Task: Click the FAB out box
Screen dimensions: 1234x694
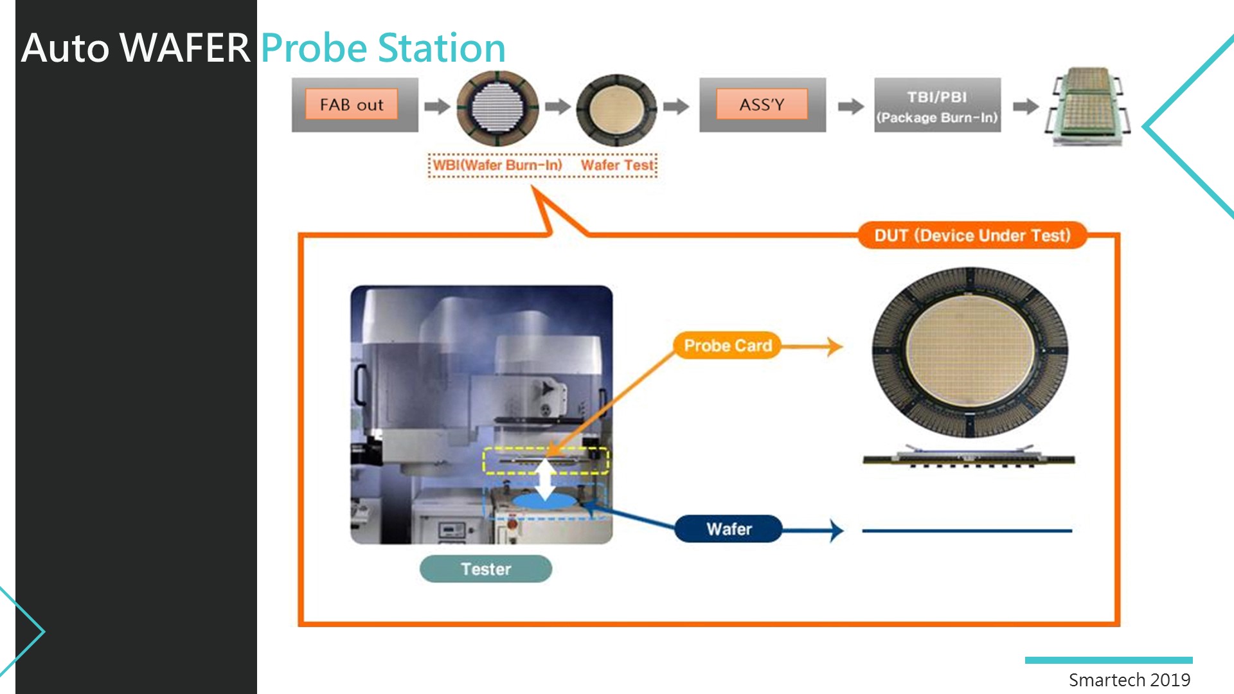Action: [355, 105]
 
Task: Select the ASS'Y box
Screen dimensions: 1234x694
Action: [762, 105]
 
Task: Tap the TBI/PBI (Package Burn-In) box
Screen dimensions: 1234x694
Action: [937, 105]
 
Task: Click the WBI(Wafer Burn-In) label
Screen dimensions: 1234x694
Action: [497, 165]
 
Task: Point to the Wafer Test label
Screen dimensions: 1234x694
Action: [617, 165]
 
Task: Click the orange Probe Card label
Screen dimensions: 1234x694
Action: [728, 346]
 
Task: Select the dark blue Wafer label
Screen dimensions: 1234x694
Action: [729, 529]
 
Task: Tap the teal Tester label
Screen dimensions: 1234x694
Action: [486, 569]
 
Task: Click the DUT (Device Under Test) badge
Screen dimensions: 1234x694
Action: [972, 235]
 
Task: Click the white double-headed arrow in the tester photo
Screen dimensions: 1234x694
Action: [545, 479]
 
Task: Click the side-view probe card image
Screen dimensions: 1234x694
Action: [969, 456]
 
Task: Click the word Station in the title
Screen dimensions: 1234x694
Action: [442, 48]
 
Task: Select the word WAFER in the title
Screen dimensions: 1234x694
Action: [185, 48]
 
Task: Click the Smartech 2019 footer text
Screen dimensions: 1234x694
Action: [1129, 680]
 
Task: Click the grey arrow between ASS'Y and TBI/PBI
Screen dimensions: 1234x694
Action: [850, 106]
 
